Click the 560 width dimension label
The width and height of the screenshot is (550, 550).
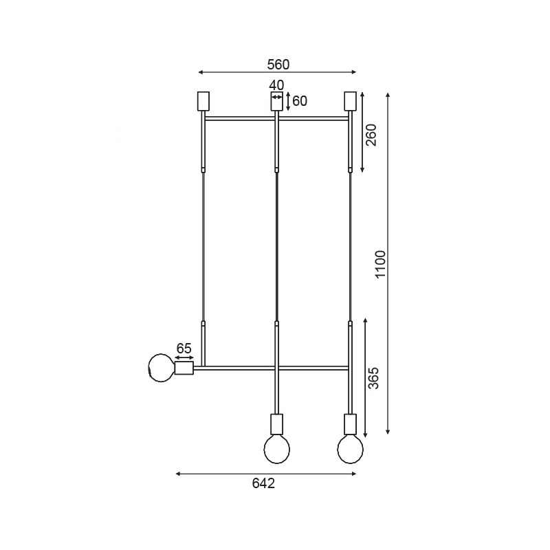[x=278, y=64]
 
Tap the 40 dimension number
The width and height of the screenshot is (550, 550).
[x=276, y=85]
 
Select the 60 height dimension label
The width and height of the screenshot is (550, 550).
[x=300, y=101]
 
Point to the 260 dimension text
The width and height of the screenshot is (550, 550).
[x=371, y=135]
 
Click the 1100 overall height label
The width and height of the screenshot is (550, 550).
[x=380, y=265]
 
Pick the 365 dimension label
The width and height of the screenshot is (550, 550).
[x=373, y=377]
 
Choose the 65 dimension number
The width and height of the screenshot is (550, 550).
[x=184, y=348]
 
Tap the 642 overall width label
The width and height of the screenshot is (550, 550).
[x=263, y=483]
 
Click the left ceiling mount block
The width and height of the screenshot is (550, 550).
[x=203, y=101]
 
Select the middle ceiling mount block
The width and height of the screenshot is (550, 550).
[x=276, y=102]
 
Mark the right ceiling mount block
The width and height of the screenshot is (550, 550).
[x=350, y=101]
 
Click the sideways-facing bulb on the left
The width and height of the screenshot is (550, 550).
[x=162, y=368]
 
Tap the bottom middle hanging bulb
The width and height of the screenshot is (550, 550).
[x=277, y=450]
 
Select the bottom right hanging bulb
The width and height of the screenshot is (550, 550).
[x=350, y=450]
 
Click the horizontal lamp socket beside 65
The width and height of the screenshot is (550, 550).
[x=184, y=368]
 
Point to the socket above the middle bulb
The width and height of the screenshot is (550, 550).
[x=277, y=423]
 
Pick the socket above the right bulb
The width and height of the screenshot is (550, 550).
[x=350, y=423]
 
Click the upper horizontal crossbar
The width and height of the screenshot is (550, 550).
[x=241, y=119]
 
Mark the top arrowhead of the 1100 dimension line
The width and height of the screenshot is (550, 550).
[x=388, y=95]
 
